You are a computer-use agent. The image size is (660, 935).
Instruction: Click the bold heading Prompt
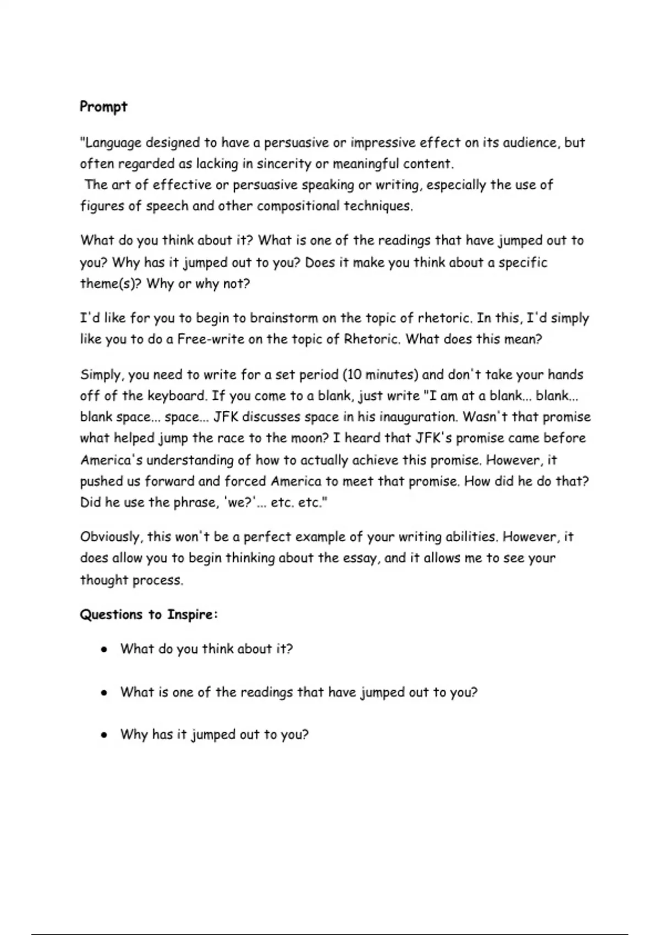pyautogui.click(x=103, y=107)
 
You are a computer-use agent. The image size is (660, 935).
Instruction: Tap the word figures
pyautogui.click(x=102, y=206)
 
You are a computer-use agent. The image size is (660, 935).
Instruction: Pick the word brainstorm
pyautogui.click(x=284, y=318)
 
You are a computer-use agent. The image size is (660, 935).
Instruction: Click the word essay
pyautogui.click(x=361, y=558)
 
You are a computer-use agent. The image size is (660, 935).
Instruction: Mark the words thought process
pyautogui.click(x=131, y=580)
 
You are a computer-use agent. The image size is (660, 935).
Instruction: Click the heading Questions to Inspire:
pyautogui.click(x=148, y=614)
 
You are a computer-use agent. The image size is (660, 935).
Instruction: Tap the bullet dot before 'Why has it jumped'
pyautogui.click(x=103, y=735)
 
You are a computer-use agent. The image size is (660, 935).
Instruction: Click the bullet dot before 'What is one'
pyautogui.click(x=103, y=693)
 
